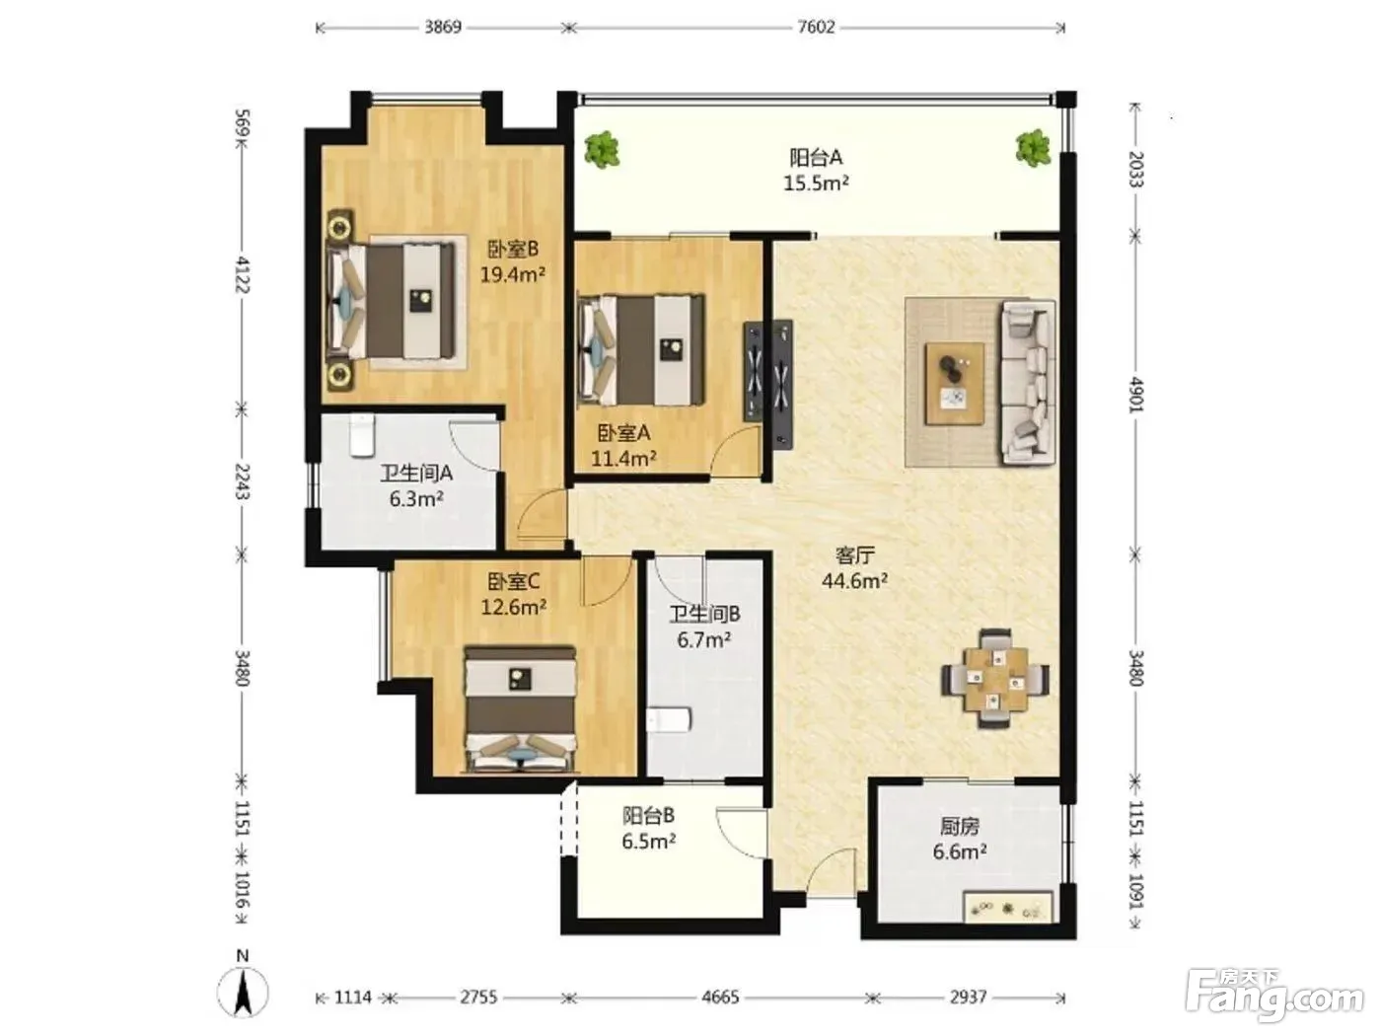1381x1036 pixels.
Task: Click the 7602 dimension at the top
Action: click(816, 27)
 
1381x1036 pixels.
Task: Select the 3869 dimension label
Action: click(442, 27)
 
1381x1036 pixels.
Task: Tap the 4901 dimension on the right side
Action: click(1134, 395)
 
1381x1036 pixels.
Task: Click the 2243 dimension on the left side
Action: click(242, 481)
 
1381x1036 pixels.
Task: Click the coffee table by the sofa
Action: click(955, 384)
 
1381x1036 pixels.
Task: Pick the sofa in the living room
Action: click(1027, 383)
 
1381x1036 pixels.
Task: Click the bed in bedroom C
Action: click(520, 708)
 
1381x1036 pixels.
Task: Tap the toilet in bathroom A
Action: click(362, 435)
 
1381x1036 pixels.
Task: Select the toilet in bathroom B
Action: click(669, 720)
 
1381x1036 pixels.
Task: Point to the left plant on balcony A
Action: click(602, 150)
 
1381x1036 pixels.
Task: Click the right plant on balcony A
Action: click(1033, 148)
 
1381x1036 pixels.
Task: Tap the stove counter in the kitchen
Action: click(1008, 907)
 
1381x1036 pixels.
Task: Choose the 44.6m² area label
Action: click(854, 580)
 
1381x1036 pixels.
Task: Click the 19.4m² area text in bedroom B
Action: click(512, 274)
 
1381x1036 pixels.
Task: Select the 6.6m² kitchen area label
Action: click(960, 852)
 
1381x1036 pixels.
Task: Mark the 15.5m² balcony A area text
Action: click(816, 184)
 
